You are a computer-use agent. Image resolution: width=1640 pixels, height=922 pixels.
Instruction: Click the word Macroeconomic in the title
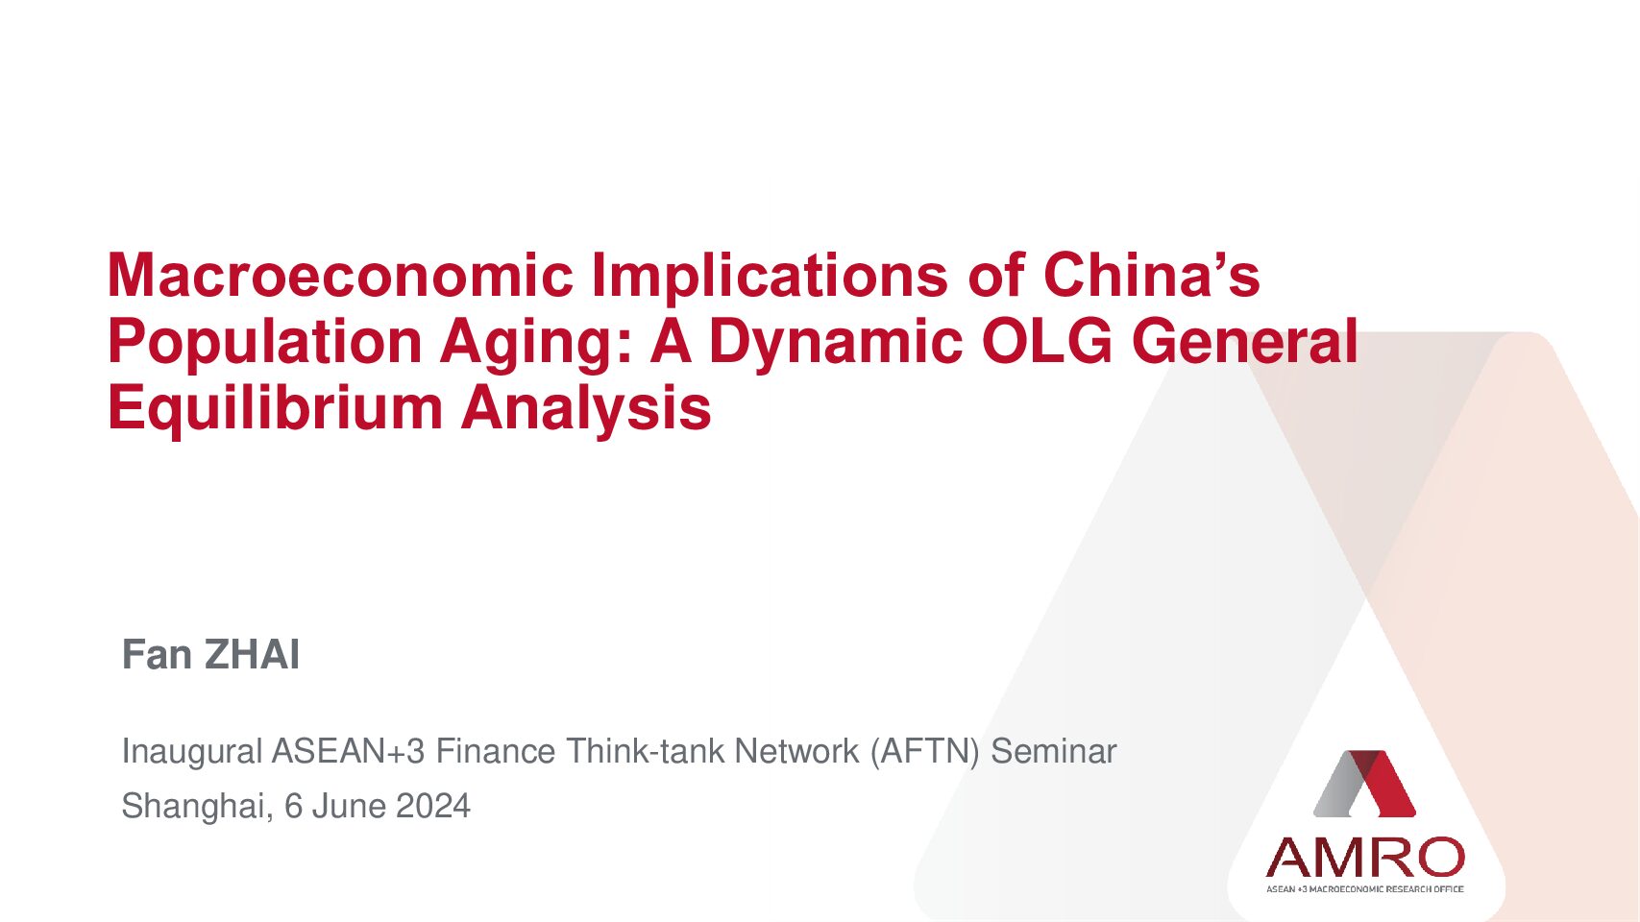pos(340,275)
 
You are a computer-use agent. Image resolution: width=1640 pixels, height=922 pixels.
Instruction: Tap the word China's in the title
pos(1152,275)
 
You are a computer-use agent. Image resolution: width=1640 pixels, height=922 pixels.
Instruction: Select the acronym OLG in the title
pos(1047,341)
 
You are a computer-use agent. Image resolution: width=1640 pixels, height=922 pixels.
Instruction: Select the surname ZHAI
pos(253,654)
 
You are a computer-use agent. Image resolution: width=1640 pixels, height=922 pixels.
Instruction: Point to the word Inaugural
pos(192,751)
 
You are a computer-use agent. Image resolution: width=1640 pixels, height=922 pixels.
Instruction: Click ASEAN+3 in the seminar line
pos(349,751)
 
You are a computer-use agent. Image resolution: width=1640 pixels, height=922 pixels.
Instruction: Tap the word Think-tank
pos(645,751)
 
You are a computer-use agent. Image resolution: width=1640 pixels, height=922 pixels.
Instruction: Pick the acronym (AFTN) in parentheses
pos(924,752)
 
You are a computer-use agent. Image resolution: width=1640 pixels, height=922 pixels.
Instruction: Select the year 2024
pos(432,807)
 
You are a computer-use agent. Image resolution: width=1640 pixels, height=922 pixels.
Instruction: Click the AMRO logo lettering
pos(1364,858)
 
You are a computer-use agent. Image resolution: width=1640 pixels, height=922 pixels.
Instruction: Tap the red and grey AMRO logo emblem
pos(1364,784)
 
